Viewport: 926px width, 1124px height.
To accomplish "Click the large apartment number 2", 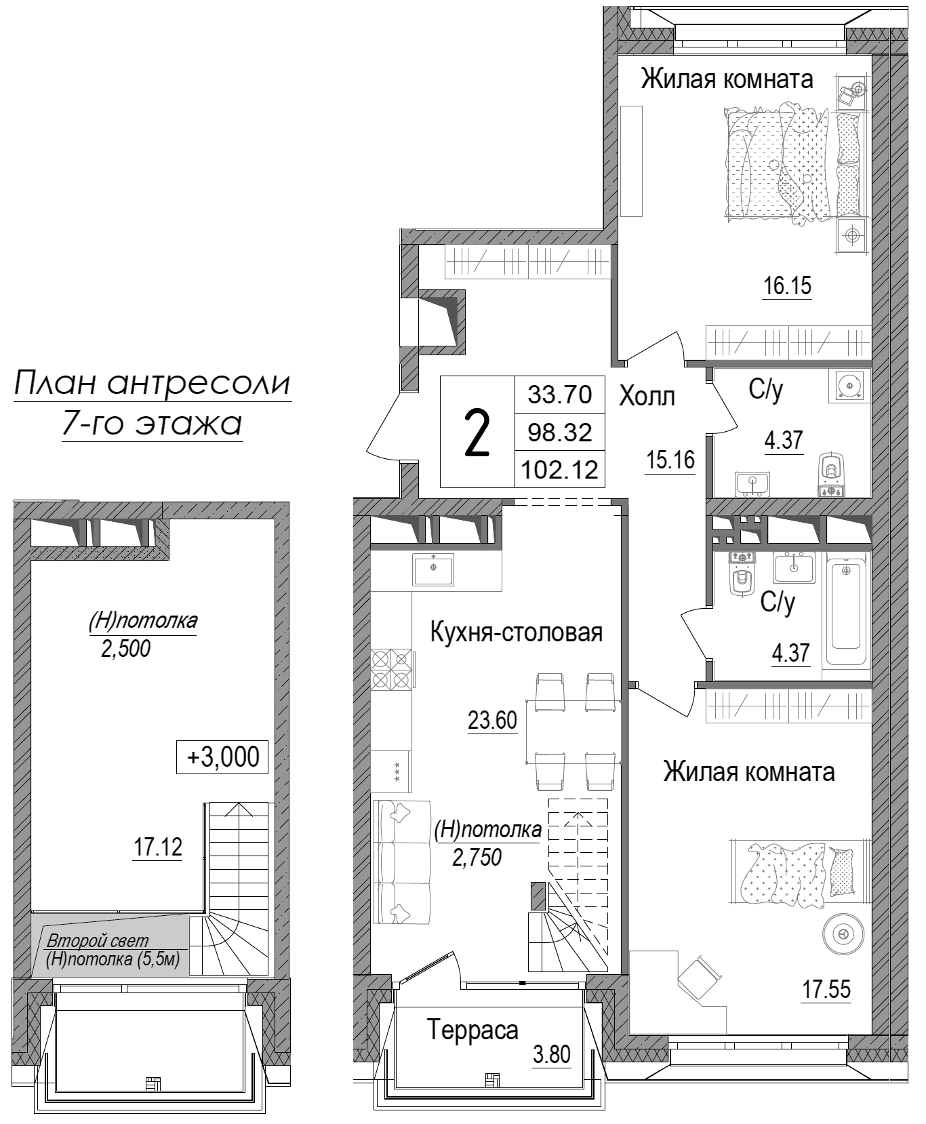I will pos(477,434).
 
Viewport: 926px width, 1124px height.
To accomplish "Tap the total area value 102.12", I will pos(560,469).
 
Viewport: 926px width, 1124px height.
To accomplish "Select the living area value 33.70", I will pos(560,393).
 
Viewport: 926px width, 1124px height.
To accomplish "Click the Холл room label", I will pos(647,397).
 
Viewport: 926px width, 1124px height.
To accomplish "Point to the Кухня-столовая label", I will pos(517,633).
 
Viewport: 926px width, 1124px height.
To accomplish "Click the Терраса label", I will pos(473,1030).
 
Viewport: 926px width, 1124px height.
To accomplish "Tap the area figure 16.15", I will pos(787,286).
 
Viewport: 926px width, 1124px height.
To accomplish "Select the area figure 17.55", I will pos(826,989).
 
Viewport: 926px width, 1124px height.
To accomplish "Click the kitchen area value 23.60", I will pos(492,721).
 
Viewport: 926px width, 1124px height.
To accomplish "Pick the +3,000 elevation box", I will pos(222,757).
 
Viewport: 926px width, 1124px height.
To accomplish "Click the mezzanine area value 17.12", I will pos(157,847).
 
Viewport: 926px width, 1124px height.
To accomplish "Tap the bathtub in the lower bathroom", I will pos(846,615).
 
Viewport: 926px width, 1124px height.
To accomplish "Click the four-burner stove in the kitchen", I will pos(392,669).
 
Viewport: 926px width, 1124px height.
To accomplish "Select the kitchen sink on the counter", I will pos(433,567).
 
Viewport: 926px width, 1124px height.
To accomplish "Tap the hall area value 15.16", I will pos(670,460).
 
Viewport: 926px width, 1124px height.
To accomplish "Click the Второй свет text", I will pos(98,942).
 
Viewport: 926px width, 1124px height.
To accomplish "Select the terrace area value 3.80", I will pos(551,1055).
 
